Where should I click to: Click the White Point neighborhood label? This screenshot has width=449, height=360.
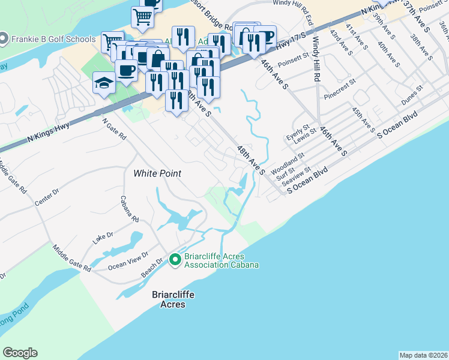[x=157, y=173]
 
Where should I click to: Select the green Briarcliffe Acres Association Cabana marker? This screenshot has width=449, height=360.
[x=175, y=260]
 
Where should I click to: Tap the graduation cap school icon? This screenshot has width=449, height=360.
[x=104, y=83]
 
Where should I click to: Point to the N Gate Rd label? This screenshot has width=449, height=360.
[x=114, y=128]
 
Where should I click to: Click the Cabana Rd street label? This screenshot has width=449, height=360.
[x=130, y=209]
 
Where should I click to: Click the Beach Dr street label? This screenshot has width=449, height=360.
[x=152, y=268]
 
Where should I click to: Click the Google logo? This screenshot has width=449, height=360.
[x=20, y=353]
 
